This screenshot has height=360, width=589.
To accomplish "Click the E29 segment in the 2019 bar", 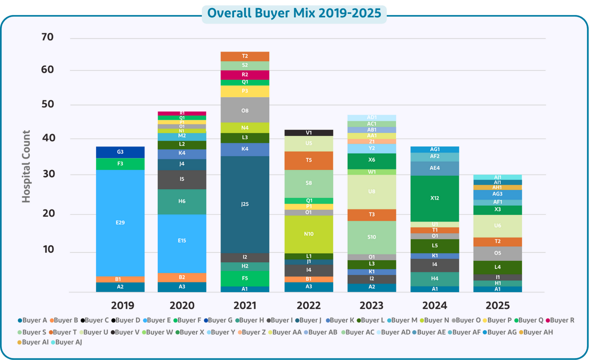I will point(120,223).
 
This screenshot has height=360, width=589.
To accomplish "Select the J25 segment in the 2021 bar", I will point(245,204).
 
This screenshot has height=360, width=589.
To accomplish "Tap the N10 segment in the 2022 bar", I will point(309,234).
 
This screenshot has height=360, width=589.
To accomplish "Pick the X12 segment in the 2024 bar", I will point(435,198).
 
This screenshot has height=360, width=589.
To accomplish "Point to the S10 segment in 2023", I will point(371,237).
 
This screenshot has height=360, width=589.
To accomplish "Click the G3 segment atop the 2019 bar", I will point(120,152).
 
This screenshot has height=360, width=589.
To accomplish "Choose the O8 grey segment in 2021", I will point(245,111).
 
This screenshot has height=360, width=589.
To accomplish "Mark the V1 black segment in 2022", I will point(309,133).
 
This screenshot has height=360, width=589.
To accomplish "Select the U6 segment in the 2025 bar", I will point(497,226).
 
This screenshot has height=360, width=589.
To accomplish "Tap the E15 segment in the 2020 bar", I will point(182,241).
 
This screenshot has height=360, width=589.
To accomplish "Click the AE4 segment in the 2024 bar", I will point(435,168).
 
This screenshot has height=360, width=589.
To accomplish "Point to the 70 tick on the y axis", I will point(47,37).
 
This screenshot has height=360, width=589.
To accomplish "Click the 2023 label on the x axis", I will point(371,306).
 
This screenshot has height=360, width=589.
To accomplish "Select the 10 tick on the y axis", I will point(48,249).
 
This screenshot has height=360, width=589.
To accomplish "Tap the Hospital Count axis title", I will point(26,166).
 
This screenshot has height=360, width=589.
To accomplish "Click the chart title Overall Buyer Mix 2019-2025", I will point(294,13).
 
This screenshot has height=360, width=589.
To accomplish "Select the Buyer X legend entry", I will point(190,332).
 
